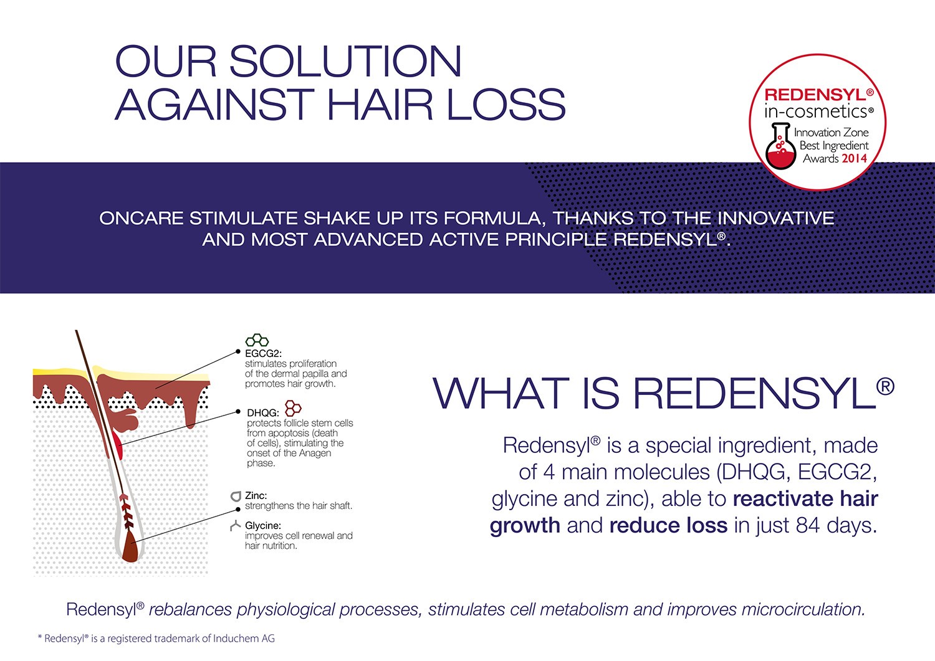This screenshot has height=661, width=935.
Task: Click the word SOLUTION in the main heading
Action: pos(345,61)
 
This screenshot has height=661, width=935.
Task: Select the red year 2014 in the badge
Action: pos(855,158)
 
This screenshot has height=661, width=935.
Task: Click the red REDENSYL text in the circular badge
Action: pos(815,95)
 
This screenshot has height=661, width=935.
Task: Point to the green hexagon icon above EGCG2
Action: pos(257,341)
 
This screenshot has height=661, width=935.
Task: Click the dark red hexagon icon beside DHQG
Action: pos(292,407)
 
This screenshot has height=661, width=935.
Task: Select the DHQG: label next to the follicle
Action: pos(262,412)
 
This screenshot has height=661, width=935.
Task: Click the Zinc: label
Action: pos(256,495)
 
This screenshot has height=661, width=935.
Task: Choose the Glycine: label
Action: pos(263,525)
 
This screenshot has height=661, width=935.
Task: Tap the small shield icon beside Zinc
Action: pos(236,496)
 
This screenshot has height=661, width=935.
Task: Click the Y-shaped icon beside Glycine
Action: pos(236,525)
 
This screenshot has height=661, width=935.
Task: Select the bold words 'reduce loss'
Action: pos(668,525)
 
